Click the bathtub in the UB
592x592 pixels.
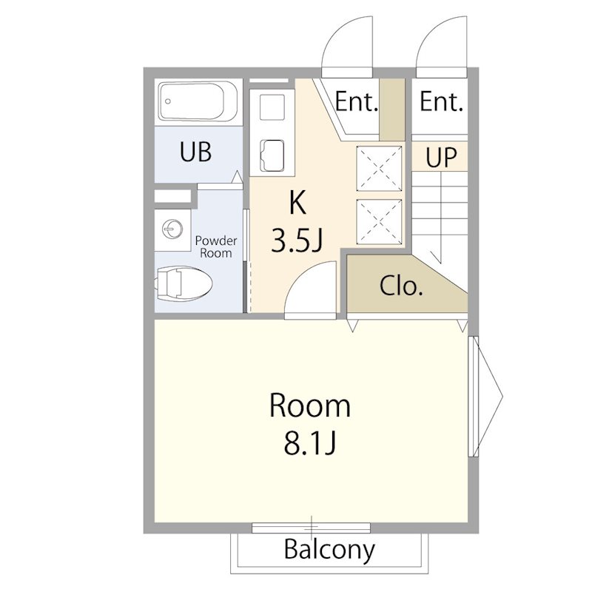pos(198,101)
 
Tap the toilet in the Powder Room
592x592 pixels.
pos(183,283)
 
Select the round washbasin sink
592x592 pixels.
pos(172,229)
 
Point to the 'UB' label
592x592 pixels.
pos(195,152)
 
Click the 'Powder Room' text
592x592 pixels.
pos(216,246)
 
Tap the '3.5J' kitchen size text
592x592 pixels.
pos(297,241)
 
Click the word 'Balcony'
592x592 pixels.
pos(329,550)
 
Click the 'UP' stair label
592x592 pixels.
pos(441,157)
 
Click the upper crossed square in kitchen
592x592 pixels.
pos(379,169)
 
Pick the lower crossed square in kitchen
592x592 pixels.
pos(379,221)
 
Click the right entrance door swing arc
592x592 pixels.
pos(428,31)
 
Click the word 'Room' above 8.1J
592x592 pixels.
pos(309,406)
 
